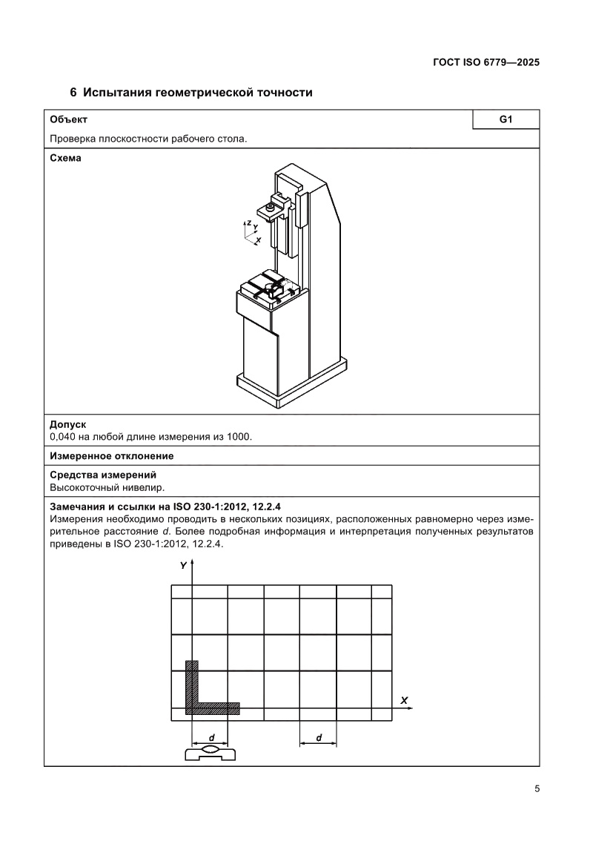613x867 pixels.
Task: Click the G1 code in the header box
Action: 506,119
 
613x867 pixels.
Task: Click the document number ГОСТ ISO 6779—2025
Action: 485,63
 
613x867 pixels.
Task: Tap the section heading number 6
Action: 73,93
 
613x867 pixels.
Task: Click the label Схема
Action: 65,158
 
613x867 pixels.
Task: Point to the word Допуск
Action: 67,424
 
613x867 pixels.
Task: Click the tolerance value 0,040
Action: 64,436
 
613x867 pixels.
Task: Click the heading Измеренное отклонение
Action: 111,455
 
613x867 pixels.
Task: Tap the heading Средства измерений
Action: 102,475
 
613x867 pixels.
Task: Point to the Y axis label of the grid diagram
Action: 183,566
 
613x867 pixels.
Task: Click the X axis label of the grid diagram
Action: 404,699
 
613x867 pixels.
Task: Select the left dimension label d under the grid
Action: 211,738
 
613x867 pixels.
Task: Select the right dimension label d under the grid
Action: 319,738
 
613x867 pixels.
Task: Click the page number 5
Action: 536,788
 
